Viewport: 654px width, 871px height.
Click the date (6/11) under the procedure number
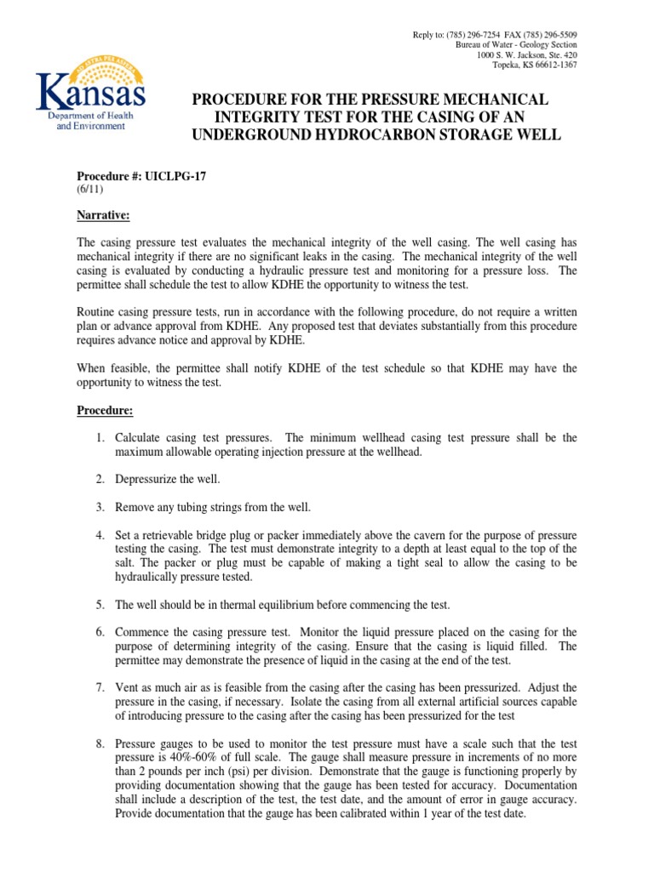pos(92,189)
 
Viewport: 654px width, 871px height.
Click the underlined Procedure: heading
pos(106,411)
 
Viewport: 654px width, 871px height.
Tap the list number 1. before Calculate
pos(100,438)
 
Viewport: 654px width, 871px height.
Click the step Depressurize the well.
pos(168,480)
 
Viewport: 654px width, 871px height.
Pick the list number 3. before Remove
pos(100,508)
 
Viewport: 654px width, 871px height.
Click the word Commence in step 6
pos(142,633)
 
